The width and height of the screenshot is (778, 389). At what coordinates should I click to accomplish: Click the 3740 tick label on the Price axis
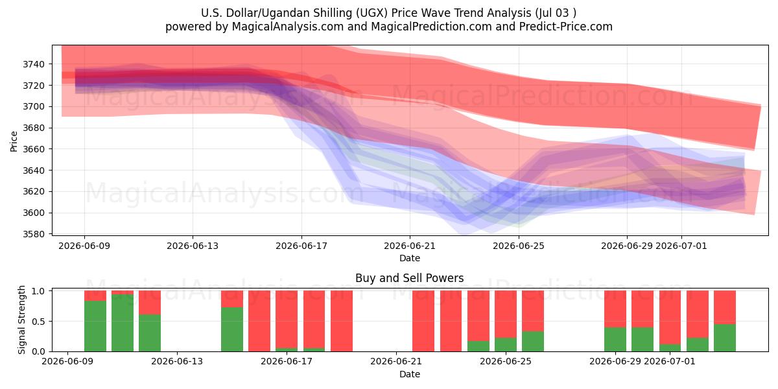[34, 64]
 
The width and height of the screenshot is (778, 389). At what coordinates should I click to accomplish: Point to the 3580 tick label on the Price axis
[34, 235]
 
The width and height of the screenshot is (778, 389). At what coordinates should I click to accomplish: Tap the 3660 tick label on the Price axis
[34, 149]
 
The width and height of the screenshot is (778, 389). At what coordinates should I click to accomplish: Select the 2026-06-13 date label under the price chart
[193, 246]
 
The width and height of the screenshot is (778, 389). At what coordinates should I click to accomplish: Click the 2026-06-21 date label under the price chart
[410, 246]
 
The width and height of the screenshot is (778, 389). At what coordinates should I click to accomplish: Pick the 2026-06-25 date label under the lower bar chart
[506, 362]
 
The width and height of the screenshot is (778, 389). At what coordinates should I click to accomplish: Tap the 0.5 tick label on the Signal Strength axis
[38, 322]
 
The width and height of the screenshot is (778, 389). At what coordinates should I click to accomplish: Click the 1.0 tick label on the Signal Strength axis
[38, 291]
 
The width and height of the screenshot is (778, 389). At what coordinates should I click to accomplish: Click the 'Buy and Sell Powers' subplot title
[410, 278]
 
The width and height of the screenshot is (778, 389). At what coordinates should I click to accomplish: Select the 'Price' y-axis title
[14, 142]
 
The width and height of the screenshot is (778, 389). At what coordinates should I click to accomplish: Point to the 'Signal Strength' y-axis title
[21, 320]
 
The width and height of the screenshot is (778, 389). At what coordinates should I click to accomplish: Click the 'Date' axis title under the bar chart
[410, 375]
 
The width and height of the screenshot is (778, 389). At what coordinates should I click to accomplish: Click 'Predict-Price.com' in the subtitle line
[566, 27]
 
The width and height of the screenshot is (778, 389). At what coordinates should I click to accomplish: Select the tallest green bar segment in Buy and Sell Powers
[123, 323]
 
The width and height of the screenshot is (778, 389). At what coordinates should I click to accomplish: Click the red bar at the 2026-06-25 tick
[506, 314]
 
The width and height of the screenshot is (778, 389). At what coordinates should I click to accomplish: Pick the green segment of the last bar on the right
[725, 338]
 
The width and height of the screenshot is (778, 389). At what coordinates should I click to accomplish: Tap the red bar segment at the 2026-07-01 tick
[670, 318]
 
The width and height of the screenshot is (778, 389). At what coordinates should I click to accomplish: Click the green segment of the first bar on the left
[95, 326]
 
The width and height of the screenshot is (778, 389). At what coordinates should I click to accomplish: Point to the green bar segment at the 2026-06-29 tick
[615, 339]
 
